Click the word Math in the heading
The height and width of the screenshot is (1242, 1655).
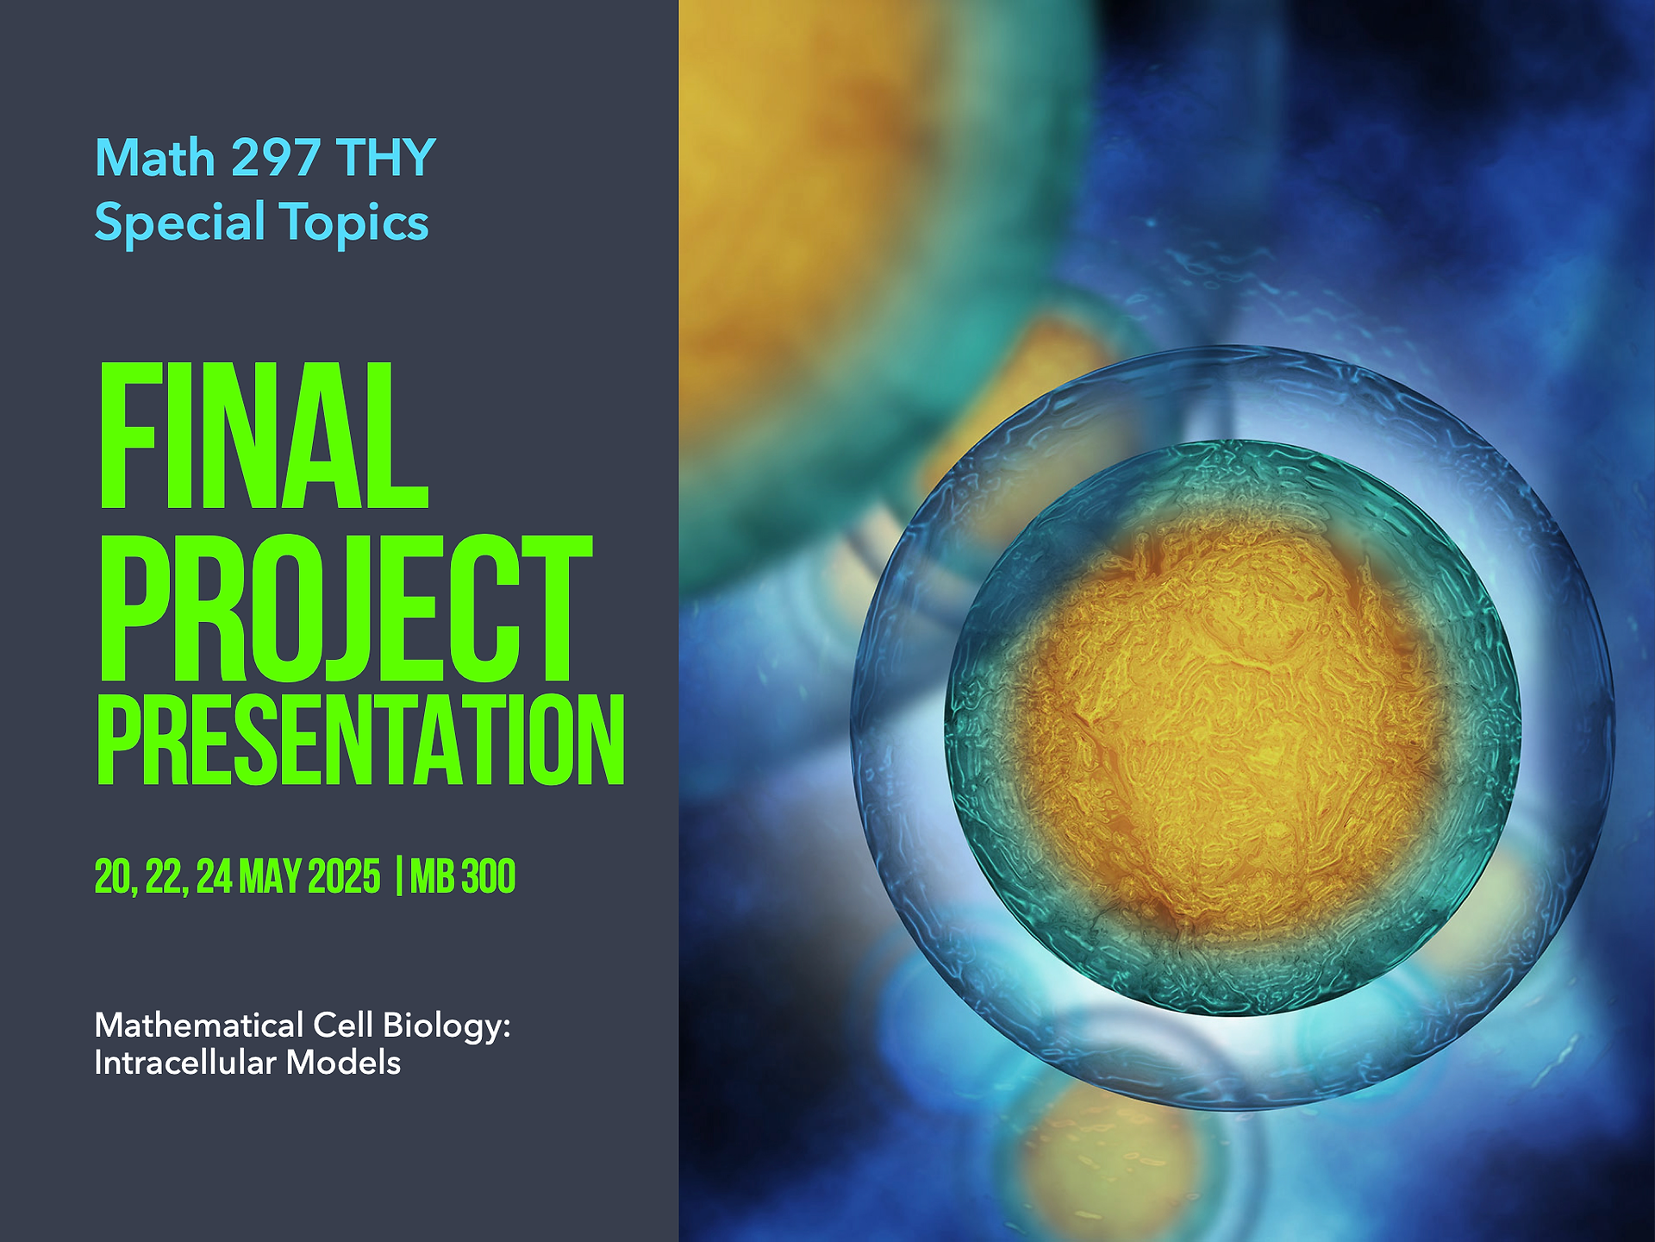tap(155, 158)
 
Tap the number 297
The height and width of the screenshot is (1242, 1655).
tap(277, 158)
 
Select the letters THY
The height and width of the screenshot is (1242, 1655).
tap(386, 158)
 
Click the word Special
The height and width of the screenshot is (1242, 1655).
tap(179, 223)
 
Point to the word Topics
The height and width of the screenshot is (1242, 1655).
tap(353, 223)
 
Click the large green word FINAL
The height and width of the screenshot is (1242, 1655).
tap(263, 436)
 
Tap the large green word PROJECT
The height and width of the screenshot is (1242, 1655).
tap(345, 608)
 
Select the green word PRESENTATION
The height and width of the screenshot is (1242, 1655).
tap(360, 740)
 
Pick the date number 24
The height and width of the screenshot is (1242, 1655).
tap(214, 877)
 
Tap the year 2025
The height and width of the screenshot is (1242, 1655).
tap(344, 877)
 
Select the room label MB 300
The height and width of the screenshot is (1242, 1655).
tap(463, 877)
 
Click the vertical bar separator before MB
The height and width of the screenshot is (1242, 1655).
tap(398, 877)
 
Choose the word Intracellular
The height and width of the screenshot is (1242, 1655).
tap(185, 1063)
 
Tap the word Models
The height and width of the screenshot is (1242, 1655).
tap(344, 1063)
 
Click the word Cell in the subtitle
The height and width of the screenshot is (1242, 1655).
tap(343, 1026)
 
